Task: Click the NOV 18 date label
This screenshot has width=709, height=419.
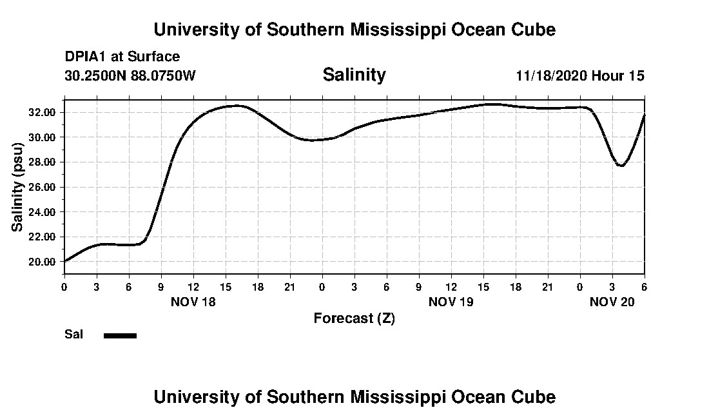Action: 193,302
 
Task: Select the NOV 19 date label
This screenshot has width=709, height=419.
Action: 451,302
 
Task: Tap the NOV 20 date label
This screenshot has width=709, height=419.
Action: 612,302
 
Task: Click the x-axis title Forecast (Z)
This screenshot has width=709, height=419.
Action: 354,318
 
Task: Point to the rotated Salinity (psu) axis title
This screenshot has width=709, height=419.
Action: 18,187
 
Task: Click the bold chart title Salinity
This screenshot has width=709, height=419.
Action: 354,75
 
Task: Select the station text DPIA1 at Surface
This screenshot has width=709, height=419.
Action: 122,57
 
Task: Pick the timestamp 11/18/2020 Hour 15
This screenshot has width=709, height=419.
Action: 580,75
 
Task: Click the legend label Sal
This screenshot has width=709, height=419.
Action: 74,335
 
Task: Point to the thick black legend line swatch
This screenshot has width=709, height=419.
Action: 121,335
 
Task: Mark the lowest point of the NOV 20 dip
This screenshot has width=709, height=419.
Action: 621,166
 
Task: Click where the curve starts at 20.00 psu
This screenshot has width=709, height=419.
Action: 64,261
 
